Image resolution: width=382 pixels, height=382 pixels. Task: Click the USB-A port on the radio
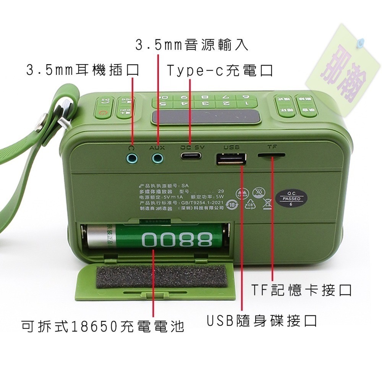coord(231,159)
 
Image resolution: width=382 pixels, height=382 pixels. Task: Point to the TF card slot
coord(271,156)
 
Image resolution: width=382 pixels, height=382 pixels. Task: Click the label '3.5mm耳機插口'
coord(82,70)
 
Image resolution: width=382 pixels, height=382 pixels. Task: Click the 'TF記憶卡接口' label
coord(301,291)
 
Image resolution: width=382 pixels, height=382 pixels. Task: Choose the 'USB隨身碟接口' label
coord(262,321)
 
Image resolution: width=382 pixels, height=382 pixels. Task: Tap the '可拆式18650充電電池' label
coord(102,326)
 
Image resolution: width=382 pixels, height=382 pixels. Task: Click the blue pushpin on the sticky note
coord(360,43)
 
